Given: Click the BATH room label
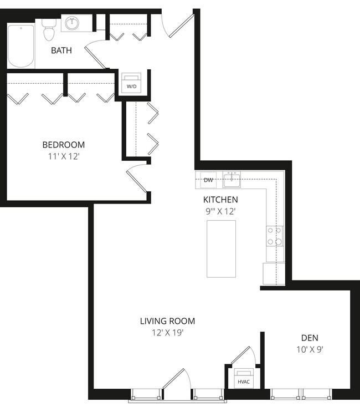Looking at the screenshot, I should click(x=61, y=50).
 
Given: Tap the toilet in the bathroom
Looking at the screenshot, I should click(x=49, y=30).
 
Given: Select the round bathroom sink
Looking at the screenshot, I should click(x=73, y=23).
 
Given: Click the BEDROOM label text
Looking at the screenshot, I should click(x=63, y=145).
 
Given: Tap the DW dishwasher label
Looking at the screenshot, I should click(x=208, y=180).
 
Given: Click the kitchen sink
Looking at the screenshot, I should click(x=232, y=179).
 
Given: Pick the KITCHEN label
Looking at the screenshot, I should click(x=220, y=200).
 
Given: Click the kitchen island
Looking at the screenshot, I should click(x=221, y=248).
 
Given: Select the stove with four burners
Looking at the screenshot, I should click(x=274, y=236).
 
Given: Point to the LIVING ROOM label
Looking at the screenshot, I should click(x=167, y=321).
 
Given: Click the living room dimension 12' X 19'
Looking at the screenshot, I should click(x=167, y=333).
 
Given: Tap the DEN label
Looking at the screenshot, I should click(x=310, y=338).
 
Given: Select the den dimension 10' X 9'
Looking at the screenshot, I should click(x=310, y=349).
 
